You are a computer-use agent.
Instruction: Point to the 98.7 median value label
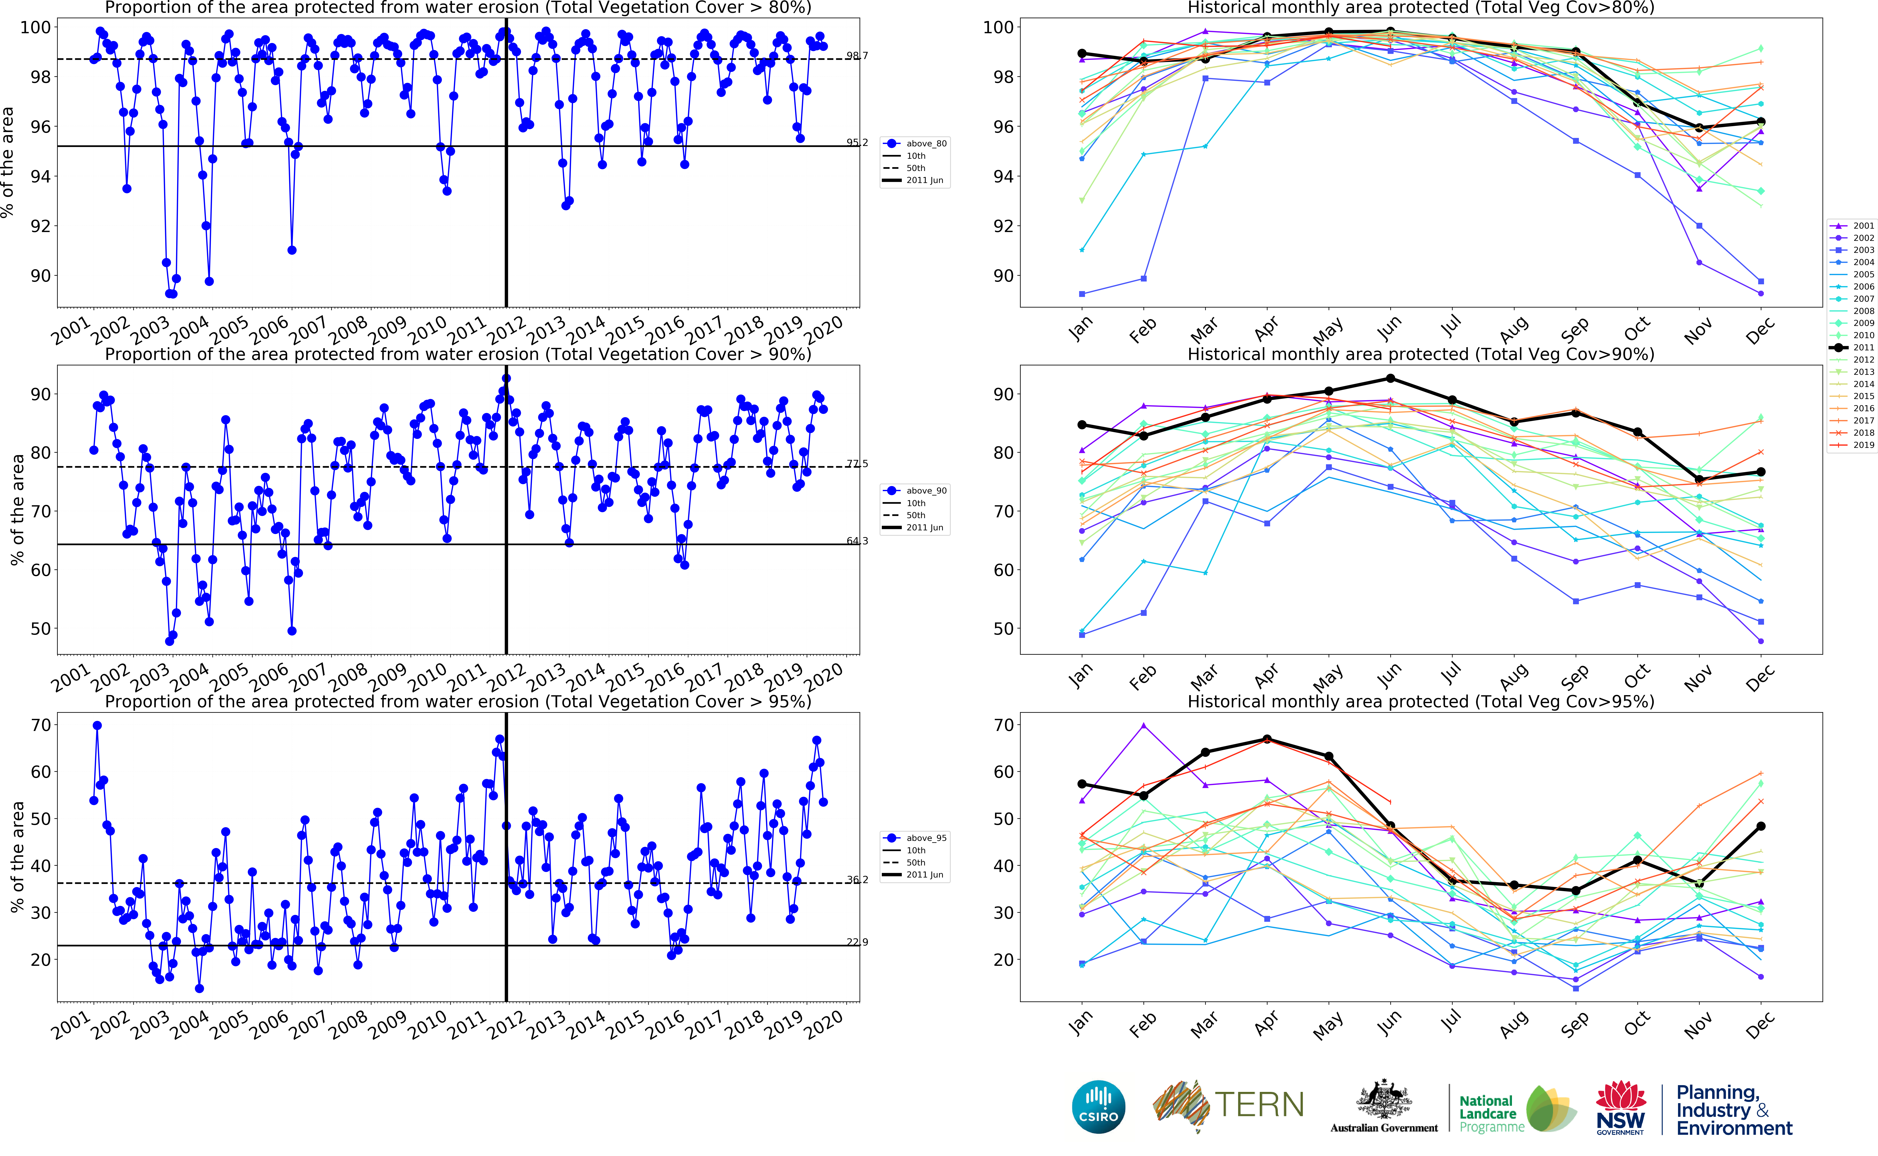[x=857, y=56]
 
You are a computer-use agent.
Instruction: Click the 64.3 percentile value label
[x=857, y=541]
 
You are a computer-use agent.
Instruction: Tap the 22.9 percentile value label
[x=857, y=942]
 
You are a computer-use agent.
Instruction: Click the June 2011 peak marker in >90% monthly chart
[x=1390, y=378]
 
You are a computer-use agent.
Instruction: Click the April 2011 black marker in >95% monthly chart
[x=1267, y=739]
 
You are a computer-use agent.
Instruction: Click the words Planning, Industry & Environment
[x=1733, y=1110]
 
